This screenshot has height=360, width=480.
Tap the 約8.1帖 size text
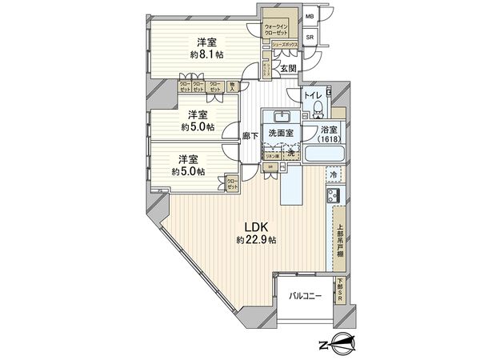pyautogui.click(x=206, y=54)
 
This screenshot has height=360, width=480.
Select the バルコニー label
pyautogui.click(x=305, y=296)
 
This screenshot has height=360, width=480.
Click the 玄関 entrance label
pyautogui.click(x=289, y=70)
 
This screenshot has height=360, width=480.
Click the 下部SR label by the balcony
pyautogui.click(x=339, y=289)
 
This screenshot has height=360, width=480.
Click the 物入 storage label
pyautogui.click(x=232, y=86)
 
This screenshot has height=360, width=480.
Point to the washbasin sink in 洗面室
pyautogui.click(x=282, y=114)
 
